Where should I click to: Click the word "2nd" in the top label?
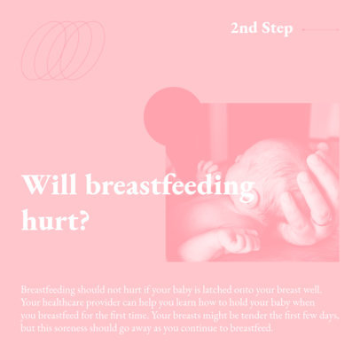[245, 28]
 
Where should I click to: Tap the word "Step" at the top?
[277, 28]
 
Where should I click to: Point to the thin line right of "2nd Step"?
[320, 29]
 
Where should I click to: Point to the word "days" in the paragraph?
[326, 315]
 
